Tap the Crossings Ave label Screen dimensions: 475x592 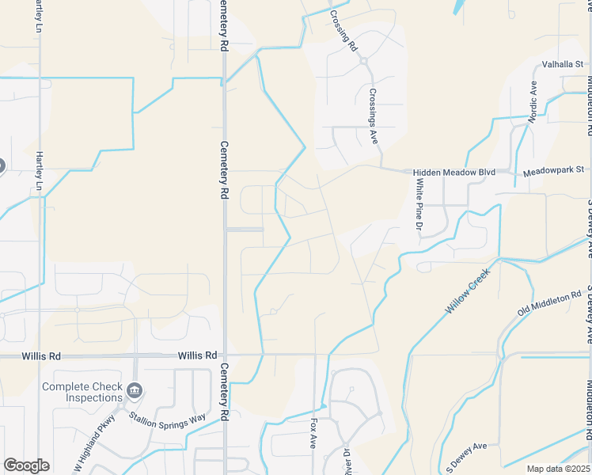pyautogui.click(x=373, y=116)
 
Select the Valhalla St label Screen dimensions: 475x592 pyautogui.click(x=562, y=65)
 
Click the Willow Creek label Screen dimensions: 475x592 pyautogui.click(x=470, y=292)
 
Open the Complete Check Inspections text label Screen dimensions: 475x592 pyautogui.click(x=83, y=392)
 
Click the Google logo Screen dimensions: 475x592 pyautogui.click(x=26, y=465)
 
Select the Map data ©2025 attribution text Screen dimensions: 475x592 pyautogui.click(x=559, y=469)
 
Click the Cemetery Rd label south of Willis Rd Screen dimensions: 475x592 pyautogui.click(x=224, y=392)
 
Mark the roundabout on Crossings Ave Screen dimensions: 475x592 pyautogui.click(x=364, y=59)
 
